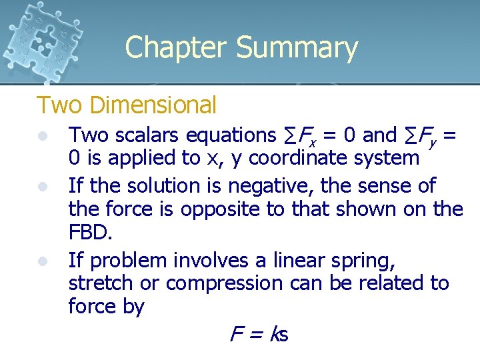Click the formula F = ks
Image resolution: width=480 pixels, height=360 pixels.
259,334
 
